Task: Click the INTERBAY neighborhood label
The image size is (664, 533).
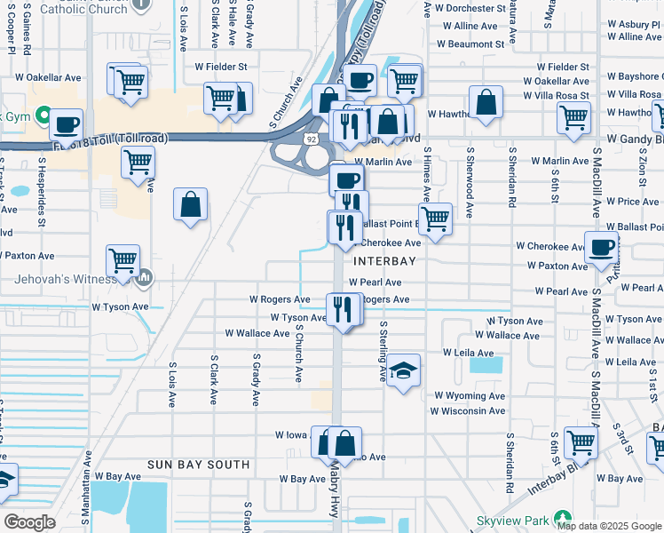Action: pos(384,262)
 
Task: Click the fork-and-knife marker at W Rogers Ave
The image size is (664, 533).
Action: pos(342,308)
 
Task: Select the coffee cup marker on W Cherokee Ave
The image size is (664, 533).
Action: pos(601,247)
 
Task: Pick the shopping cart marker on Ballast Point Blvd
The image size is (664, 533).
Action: pos(434,219)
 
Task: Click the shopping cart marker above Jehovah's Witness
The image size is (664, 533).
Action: pos(122,259)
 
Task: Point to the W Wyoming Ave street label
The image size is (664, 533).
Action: pos(470,396)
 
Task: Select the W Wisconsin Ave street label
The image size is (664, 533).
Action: pos(468,411)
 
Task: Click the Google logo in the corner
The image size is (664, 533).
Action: pos(29,522)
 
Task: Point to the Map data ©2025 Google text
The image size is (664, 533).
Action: pos(609,526)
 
